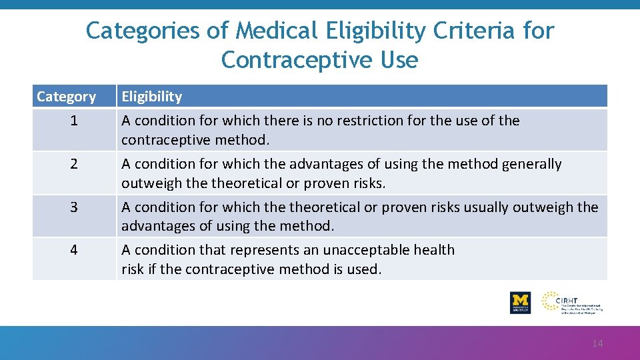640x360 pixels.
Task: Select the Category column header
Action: (x=66, y=97)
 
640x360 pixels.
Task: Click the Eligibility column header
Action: (x=151, y=97)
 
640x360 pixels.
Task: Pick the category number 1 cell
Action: (x=73, y=121)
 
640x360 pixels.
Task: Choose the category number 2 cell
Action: (x=73, y=164)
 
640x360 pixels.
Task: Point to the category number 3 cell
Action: (x=73, y=207)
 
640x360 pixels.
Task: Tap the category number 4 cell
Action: (x=73, y=250)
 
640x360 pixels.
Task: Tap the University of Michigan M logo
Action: (x=520, y=302)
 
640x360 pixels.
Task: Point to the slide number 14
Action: (x=597, y=343)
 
